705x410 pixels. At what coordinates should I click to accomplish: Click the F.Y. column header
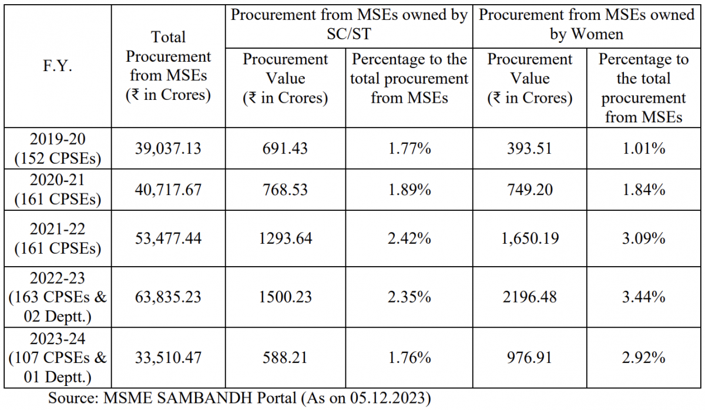(x=57, y=66)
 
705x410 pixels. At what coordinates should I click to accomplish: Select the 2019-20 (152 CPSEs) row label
(x=57, y=148)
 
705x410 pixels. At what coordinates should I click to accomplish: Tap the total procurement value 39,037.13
(x=168, y=148)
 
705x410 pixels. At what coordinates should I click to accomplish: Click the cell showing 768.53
(x=286, y=190)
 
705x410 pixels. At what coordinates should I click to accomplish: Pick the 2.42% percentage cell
(x=409, y=238)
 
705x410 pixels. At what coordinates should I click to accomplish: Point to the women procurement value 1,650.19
(x=530, y=238)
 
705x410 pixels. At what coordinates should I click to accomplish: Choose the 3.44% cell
(x=644, y=297)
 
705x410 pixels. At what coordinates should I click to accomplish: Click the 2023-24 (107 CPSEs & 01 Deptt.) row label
(x=57, y=357)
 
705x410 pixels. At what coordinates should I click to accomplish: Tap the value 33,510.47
(x=168, y=357)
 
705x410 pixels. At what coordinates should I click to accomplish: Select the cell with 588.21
(x=286, y=357)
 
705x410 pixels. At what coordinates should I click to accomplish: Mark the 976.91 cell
(x=530, y=357)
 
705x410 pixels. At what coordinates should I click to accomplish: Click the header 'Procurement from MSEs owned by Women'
(x=586, y=25)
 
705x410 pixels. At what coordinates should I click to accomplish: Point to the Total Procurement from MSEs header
(x=168, y=66)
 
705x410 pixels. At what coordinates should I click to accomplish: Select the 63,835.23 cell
(x=168, y=297)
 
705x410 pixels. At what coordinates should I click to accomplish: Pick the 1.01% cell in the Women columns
(x=644, y=148)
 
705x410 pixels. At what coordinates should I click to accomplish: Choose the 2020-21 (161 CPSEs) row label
(x=57, y=190)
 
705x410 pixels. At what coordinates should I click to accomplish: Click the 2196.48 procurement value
(x=530, y=297)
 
